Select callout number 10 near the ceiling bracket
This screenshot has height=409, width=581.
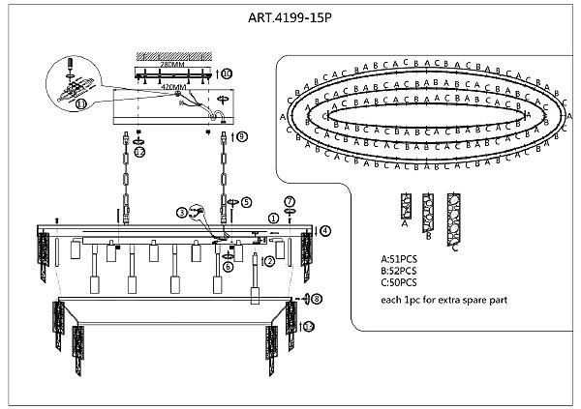[226, 73]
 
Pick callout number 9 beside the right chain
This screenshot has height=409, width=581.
[242, 137]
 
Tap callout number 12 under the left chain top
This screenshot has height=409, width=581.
[140, 153]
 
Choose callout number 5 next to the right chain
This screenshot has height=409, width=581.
[246, 202]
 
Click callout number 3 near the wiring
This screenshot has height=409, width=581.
[181, 212]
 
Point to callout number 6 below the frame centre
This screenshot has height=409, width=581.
[229, 266]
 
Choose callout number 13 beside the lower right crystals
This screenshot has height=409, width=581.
[308, 328]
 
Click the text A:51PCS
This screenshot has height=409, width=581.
[399, 259]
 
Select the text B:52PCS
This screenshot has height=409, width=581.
[399, 271]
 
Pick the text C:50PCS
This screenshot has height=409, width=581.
[399, 282]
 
